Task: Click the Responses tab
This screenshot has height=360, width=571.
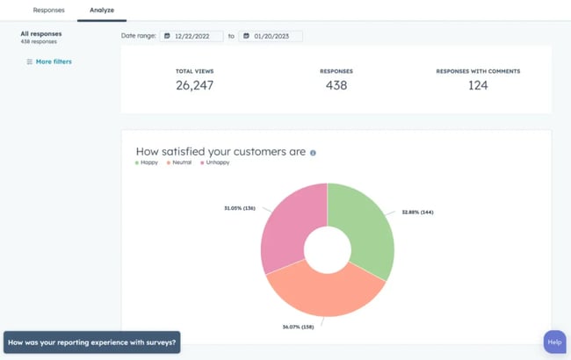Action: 48,10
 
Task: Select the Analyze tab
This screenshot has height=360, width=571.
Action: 102,10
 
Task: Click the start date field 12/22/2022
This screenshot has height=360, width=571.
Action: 192,36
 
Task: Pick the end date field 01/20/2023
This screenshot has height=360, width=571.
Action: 271,36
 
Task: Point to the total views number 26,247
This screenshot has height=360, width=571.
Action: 194,85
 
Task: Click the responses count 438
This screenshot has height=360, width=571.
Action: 336,85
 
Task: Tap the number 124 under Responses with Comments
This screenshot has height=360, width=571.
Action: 478,85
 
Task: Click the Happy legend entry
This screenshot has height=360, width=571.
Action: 148,163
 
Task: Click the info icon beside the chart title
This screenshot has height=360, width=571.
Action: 313,153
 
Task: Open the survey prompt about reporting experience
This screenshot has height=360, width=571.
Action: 91,342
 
